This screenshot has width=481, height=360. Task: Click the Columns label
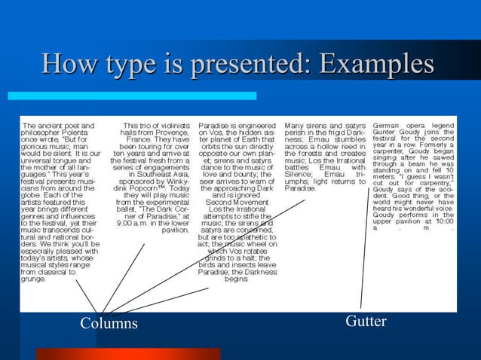tap(109, 323)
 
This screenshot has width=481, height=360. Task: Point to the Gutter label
tap(366, 322)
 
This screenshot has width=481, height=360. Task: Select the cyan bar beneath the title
tap(132, 96)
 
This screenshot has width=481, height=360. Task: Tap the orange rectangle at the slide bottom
tap(158, 354)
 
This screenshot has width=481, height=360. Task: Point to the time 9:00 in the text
tap(127, 223)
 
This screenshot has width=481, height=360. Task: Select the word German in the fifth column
tap(388, 124)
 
